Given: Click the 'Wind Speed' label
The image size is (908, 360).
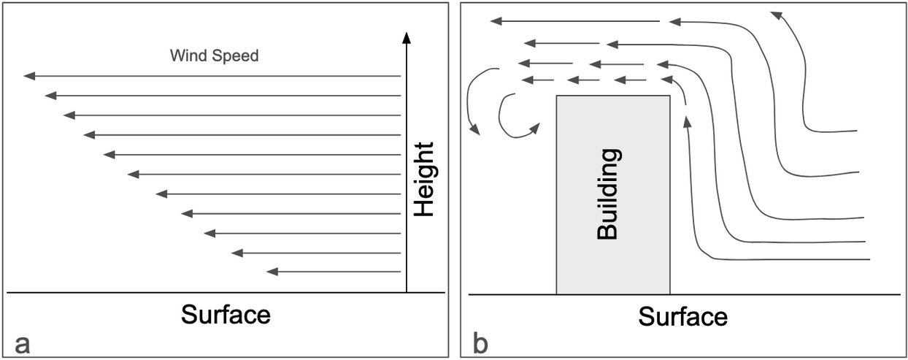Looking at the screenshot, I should (214, 55).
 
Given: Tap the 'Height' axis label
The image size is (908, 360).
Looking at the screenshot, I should (423, 179).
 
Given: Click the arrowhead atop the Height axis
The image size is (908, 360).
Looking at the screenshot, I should (407, 37).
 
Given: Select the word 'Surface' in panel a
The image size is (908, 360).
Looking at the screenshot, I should (226, 315).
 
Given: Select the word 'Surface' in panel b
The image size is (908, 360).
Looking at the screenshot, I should (682, 317).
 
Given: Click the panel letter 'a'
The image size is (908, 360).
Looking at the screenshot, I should (22, 343).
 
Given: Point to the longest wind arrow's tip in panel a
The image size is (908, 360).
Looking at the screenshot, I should (26, 76).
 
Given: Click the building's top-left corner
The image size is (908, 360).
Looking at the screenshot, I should (557, 96).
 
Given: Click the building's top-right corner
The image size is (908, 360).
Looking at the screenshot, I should (669, 96).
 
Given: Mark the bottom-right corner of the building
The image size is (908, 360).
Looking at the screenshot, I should (669, 294).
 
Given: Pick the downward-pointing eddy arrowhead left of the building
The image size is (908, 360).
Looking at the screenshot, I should (477, 131).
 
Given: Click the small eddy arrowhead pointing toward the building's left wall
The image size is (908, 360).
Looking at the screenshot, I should (535, 128).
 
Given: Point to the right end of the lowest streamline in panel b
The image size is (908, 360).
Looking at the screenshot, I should (870, 259).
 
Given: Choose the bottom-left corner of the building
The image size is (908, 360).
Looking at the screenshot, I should (557, 294).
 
